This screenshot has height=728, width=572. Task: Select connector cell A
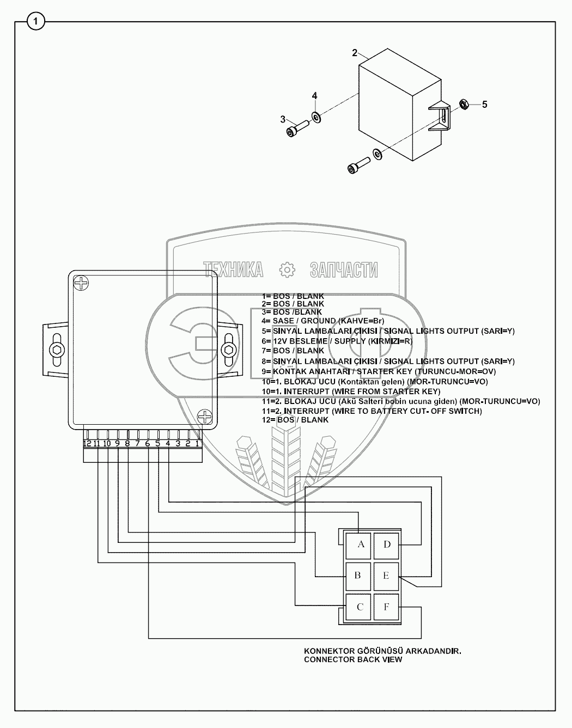360,544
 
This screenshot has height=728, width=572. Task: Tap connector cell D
387,544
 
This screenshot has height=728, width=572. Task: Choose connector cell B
358,575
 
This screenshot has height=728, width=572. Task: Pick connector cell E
386,575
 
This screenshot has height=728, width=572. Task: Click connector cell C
360,607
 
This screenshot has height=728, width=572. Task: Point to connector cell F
386,607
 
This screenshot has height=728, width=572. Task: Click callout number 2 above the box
355,53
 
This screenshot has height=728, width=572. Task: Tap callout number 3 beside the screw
283,119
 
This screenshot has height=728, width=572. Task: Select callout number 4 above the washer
314,96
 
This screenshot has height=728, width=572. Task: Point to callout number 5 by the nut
485,104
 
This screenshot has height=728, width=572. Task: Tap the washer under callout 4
316,117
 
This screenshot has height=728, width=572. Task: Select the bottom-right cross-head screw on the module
205,417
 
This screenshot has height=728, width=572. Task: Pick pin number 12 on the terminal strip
87,443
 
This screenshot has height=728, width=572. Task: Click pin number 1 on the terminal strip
197,443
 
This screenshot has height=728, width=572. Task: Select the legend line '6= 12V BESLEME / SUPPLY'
337,341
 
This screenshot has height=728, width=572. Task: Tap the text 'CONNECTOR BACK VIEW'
353,659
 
